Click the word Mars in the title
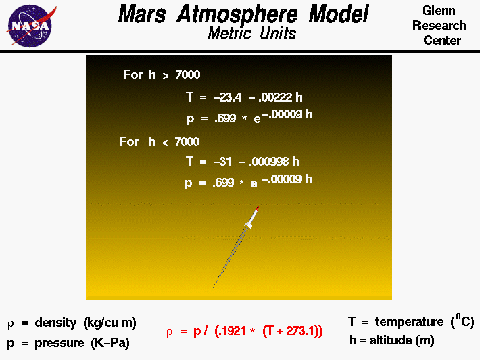[143, 14]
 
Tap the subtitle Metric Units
[252, 33]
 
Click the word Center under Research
[442, 40]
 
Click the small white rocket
[251, 217]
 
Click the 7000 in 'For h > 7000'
[187, 75]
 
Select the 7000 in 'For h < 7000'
[187, 141]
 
